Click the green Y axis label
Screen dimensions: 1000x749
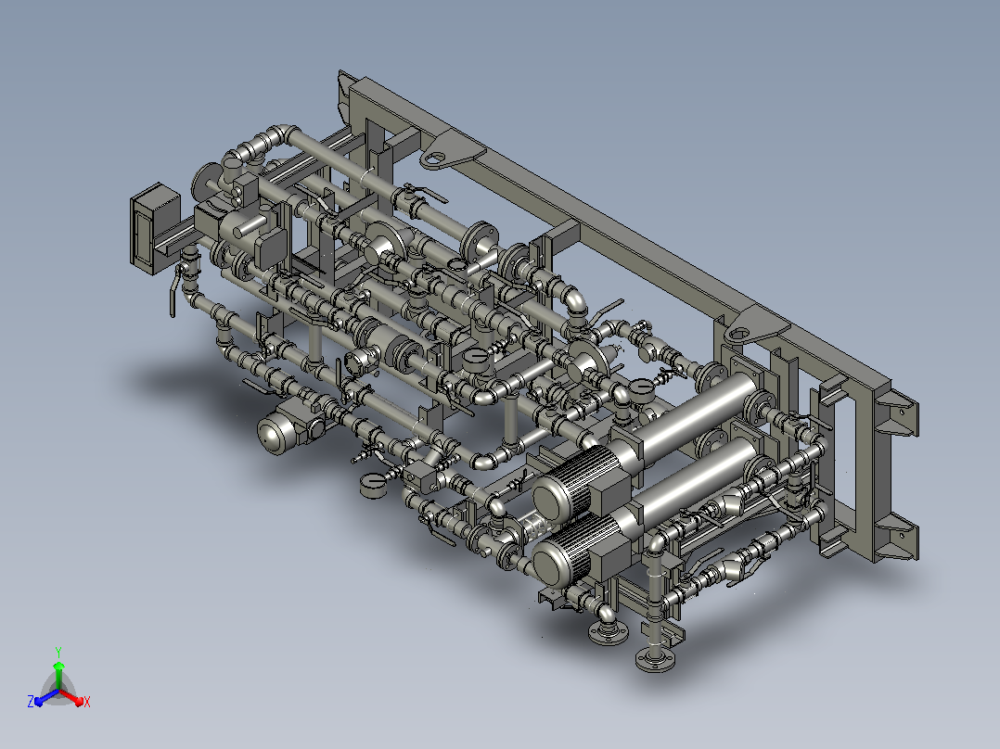58,652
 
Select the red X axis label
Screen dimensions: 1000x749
87,702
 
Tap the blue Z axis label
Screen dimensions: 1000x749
31,701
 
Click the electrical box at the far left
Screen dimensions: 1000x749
154,227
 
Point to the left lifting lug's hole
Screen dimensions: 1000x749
436,157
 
